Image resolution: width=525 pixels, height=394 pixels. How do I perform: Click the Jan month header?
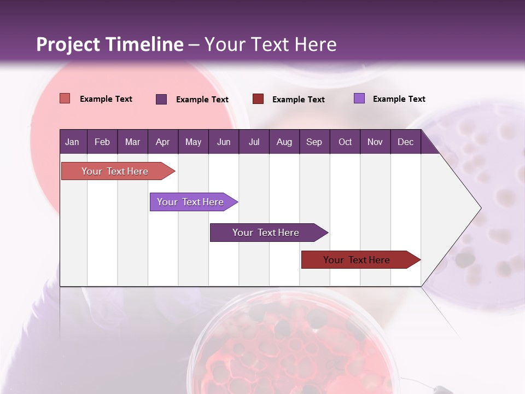pyautogui.click(x=72, y=142)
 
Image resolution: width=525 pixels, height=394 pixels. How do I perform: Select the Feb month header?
pyautogui.click(x=102, y=142)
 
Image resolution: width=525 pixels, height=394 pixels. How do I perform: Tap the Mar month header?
pyautogui.click(x=132, y=142)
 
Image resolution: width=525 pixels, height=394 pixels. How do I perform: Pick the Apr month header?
pyautogui.click(x=162, y=142)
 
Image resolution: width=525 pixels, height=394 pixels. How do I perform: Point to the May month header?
pyautogui.click(x=193, y=142)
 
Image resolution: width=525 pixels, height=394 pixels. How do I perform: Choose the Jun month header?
pyautogui.click(x=224, y=142)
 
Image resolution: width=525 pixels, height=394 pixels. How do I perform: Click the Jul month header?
pyautogui.click(x=254, y=142)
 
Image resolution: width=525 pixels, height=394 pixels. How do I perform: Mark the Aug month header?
pyautogui.click(x=284, y=142)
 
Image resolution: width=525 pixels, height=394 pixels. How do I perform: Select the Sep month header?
pyautogui.click(x=314, y=142)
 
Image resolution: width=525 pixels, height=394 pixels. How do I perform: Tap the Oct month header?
pyautogui.click(x=345, y=142)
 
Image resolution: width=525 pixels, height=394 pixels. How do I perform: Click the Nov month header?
pyautogui.click(x=375, y=142)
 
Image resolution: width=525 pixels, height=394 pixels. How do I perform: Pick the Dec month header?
pyautogui.click(x=405, y=142)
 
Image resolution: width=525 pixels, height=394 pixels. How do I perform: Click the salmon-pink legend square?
pyautogui.click(x=65, y=99)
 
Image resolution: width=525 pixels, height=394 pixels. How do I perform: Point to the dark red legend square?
pyautogui.click(x=258, y=99)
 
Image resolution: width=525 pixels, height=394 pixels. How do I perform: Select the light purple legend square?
pyautogui.click(x=359, y=99)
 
